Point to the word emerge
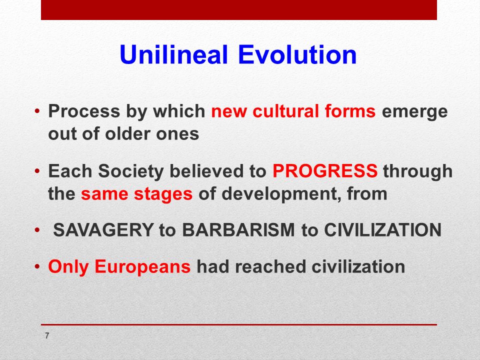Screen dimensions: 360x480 [414, 112]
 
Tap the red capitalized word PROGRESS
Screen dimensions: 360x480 [325, 171]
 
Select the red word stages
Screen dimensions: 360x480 [164, 194]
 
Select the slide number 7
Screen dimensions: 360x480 [47, 336]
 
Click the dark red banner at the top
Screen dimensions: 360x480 [239, 10]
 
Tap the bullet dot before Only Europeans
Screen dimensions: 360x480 [37, 267]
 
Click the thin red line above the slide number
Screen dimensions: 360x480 [239, 324]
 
